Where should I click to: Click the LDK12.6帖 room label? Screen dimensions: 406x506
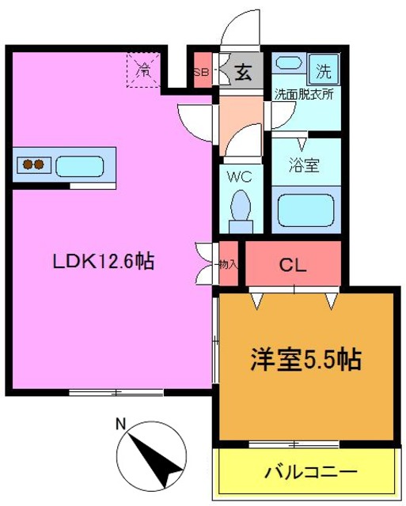[104, 261]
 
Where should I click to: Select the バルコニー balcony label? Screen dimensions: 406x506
[311, 473]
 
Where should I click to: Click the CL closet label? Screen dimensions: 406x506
[293, 266]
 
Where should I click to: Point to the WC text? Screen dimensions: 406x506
[240, 177]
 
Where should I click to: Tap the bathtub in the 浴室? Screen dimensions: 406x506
[305, 210]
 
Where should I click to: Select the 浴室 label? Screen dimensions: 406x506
[304, 165]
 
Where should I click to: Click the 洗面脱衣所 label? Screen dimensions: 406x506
[304, 94]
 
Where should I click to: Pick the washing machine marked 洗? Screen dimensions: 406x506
[324, 70]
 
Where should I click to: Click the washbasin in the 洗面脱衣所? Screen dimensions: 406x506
[288, 62]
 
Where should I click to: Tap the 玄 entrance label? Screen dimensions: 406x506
[243, 72]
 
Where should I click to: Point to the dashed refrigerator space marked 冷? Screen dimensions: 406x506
[144, 70]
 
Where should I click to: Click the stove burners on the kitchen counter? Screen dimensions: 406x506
[33, 165]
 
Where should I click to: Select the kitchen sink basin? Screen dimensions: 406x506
[80, 166]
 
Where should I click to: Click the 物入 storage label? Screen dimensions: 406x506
[229, 265]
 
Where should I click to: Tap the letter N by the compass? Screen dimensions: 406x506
[121, 424]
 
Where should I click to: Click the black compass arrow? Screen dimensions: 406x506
[156, 460]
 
